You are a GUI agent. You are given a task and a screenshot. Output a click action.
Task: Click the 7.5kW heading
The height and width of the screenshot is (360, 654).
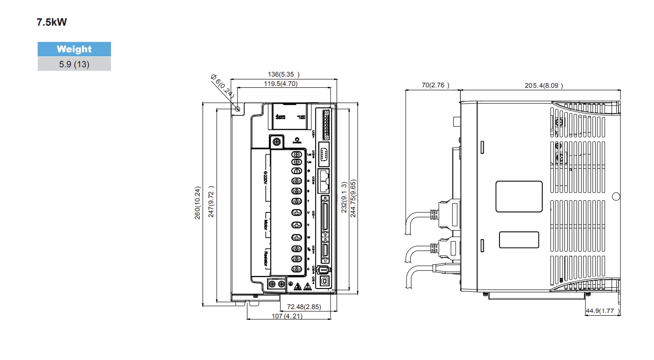coord(52,22)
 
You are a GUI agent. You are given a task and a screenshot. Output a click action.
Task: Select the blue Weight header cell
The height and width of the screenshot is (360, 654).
coord(74,49)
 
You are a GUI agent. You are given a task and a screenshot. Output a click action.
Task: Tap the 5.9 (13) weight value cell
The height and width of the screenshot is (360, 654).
coord(74,64)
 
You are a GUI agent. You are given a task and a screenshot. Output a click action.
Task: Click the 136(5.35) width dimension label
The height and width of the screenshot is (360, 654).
coord(283,74)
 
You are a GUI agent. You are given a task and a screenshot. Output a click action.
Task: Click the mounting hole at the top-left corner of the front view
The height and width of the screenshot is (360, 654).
coord(238,109)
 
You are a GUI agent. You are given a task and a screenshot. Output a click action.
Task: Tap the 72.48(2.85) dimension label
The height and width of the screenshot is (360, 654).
coord(303,307)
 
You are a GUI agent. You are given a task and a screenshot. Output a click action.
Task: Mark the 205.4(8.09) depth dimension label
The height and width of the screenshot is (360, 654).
coord(544,85)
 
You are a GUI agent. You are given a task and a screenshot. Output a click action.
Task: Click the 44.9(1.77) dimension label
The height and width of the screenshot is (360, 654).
coord(603,311)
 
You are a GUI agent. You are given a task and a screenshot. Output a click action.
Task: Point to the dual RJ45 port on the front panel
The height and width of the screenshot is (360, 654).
coord(324,182)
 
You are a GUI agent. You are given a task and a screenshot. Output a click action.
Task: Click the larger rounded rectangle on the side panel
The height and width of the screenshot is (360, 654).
coord(519,197)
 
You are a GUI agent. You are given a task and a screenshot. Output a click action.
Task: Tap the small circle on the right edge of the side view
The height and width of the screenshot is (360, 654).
coord(615,197)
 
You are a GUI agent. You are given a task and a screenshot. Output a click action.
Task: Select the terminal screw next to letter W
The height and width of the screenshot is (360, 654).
coord(296,237)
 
